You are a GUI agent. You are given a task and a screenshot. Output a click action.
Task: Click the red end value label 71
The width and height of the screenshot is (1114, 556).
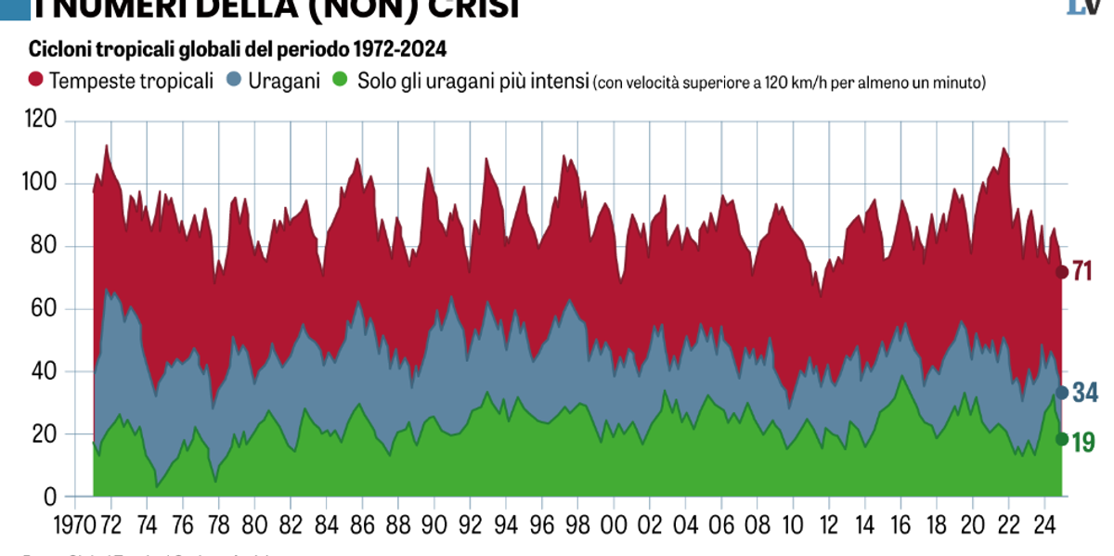(x=1082, y=272)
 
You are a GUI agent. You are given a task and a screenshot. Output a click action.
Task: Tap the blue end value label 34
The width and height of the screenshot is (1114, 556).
(x=1085, y=393)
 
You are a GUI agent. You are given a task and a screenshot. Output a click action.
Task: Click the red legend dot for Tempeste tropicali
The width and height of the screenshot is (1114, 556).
(x=37, y=81)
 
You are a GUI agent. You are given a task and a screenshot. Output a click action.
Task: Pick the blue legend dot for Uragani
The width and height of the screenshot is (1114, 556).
(x=237, y=81)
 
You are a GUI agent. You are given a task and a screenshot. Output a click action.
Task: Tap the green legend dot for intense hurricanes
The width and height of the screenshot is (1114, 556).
(x=341, y=81)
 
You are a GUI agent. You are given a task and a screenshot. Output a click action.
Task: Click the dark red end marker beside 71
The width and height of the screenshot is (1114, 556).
(x=1062, y=272)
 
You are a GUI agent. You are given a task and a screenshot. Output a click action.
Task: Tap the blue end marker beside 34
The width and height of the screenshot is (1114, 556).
(x=1062, y=393)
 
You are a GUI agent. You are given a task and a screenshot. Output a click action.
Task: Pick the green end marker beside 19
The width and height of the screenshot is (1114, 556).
(x=1062, y=439)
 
